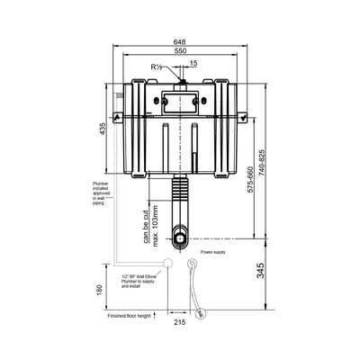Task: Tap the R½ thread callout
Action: coord(158,67)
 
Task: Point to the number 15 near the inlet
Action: coord(194,64)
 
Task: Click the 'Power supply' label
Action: coord(213,253)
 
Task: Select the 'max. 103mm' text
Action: coord(155,220)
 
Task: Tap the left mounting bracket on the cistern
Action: coord(117,116)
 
